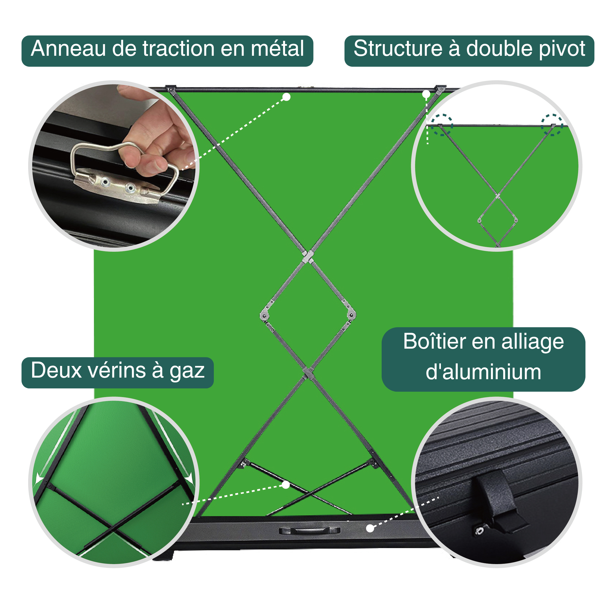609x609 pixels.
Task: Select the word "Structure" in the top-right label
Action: tap(398, 49)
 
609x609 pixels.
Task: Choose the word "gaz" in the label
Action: tap(187, 371)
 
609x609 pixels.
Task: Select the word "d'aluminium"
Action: tap(483, 372)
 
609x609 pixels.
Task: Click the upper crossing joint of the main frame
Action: tap(308, 257)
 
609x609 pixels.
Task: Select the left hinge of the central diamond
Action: tap(264, 315)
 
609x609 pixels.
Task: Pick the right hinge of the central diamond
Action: tap(352, 314)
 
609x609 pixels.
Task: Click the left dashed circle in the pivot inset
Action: tap(442, 125)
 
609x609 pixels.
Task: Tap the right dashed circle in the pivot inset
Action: tap(552, 125)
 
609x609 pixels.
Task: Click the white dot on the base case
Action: tap(370, 528)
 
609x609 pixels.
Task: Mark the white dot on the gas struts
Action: tap(286, 485)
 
